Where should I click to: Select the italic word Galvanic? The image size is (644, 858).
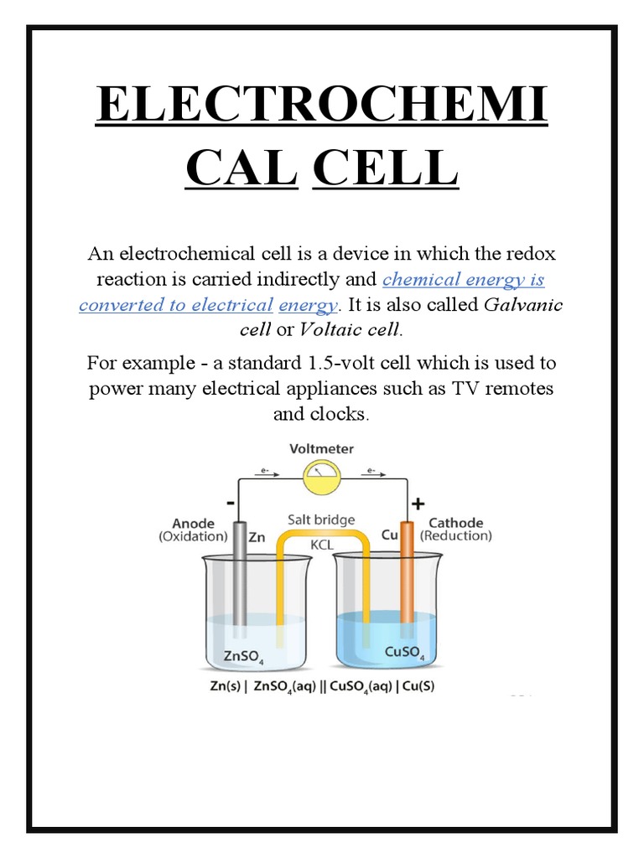coord(524,304)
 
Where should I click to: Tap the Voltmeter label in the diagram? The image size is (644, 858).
coord(321,449)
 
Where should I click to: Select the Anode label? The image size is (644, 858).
coord(194,523)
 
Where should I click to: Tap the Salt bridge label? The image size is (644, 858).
coord(321,520)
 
